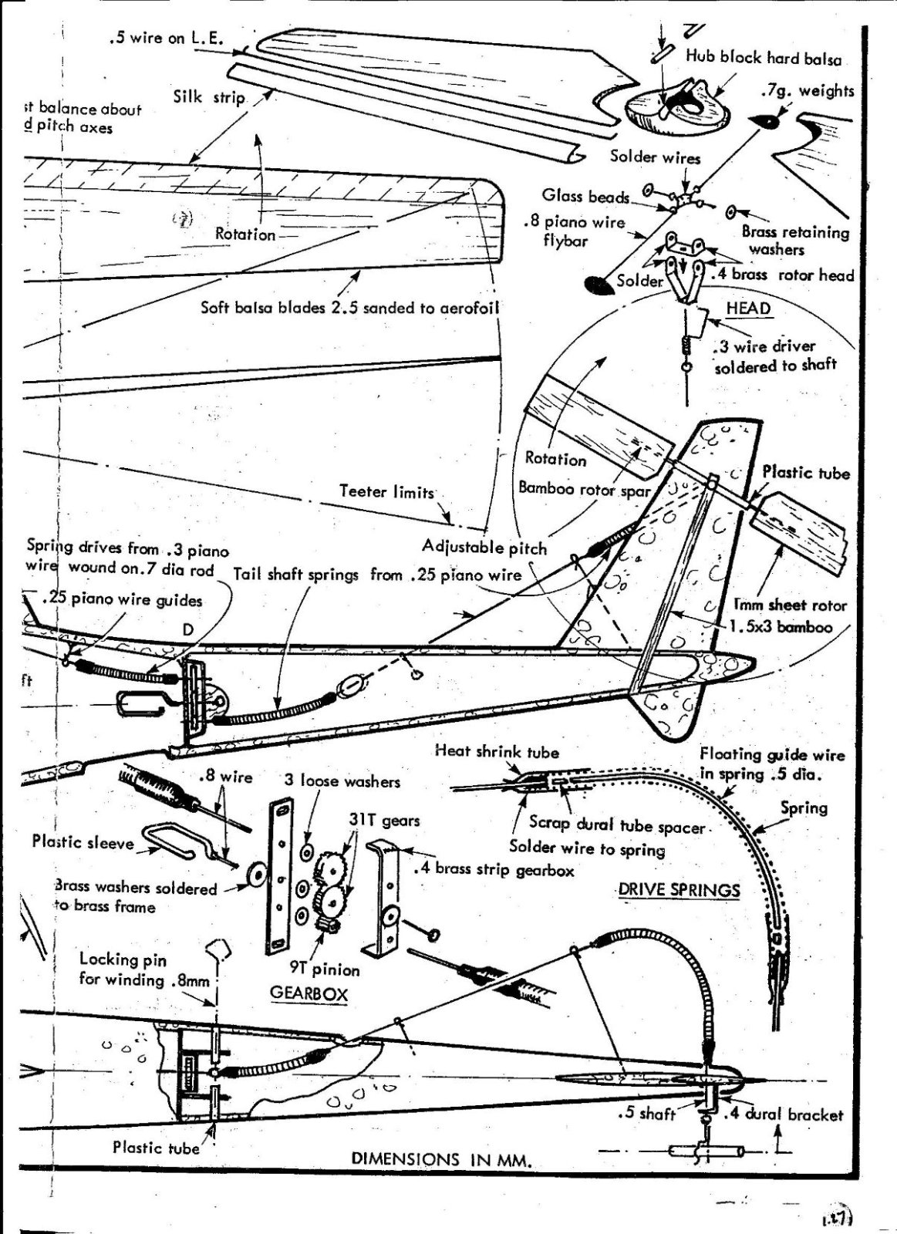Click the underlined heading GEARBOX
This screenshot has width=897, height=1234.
click(x=309, y=993)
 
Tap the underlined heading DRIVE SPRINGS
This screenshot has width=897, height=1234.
click(x=679, y=890)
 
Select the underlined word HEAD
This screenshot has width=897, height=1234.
click(x=747, y=308)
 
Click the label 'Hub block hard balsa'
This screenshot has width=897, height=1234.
click(x=763, y=58)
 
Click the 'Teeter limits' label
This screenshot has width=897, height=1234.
click(x=386, y=491)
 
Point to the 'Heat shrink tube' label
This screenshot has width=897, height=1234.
click(x=497, y=751)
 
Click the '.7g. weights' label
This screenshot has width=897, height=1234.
click(x=807, y=91)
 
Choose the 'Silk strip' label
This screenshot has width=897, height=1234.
click(x=209, y=97)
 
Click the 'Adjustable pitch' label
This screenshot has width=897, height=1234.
click(x=484, y=548)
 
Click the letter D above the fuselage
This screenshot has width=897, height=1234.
click(x=187, y=630)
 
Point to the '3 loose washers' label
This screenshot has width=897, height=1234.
click(x=342, y=781)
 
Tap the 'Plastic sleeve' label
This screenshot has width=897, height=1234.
click(x=83, y=841)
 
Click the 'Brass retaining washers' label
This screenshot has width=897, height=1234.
click(x=794, y=240)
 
